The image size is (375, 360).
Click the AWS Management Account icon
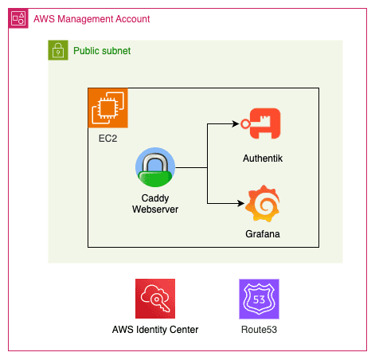(18, 18)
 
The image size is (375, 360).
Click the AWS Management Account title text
(92, 19)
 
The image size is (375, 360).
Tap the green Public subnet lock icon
(58, 50)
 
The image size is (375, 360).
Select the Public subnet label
(102, 51)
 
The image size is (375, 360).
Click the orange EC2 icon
(108, 108)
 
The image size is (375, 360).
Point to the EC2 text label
(107, 139)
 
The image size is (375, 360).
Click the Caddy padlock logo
(155, 167)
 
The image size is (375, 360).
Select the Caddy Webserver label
(155, 204)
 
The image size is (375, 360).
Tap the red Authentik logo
(260, 123)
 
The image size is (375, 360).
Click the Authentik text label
(263, 158)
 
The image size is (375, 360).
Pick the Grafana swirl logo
(262, 203)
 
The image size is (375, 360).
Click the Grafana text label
(263, 234)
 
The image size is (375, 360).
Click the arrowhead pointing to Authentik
(236, 123)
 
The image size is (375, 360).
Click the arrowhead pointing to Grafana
(241, 203)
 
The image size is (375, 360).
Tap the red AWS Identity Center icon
(155, 299)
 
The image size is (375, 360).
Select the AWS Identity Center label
(155, 330)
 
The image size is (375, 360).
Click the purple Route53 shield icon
(259, 299)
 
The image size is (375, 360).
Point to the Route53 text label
(259, 330)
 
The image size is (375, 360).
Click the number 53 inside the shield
(259, 299)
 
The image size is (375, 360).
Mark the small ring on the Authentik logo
(245, 123)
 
